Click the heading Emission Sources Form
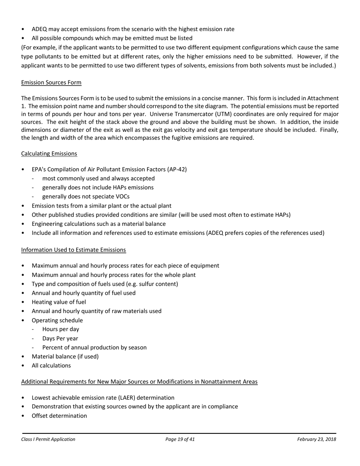point(51,83)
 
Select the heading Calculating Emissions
point(49,153)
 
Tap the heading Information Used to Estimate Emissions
point(74,250)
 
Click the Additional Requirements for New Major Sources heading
point(139,382)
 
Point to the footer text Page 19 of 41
point(180,439)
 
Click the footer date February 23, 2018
point(316,439)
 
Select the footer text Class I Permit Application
point(48,439)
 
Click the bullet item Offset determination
point(59,416)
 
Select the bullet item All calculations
point(51,366)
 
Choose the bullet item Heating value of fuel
point(59,302)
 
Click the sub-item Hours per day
point(61,329)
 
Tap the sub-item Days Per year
point(60,338)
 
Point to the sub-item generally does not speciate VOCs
point(86,197)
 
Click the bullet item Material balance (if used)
point(65,357)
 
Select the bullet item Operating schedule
point(57,320)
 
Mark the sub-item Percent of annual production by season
point(94,347)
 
